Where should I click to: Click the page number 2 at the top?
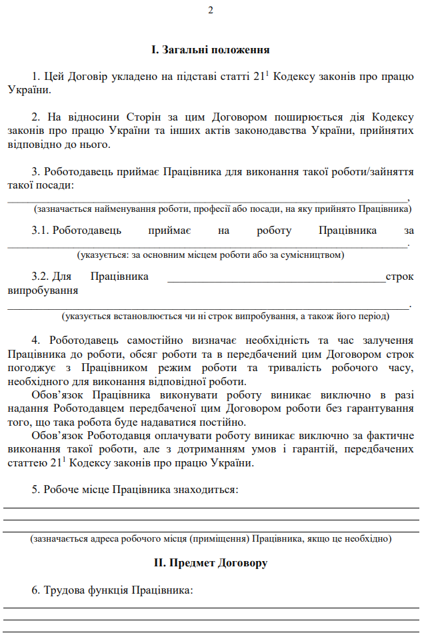[211, 10]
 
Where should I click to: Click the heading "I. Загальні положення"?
[210, 49]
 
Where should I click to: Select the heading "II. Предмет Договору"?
[211, 563]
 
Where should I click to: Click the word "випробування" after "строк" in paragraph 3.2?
[43, 291]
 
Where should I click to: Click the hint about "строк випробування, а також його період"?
[225, 316]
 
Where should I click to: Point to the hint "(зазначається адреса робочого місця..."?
[211, 538]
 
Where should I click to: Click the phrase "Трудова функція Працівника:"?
[118, 591]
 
